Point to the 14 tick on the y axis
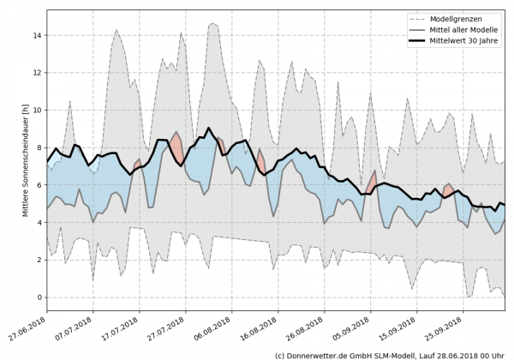(37, 35)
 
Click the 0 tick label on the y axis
(39, 297)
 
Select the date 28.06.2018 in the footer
(460, 354)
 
